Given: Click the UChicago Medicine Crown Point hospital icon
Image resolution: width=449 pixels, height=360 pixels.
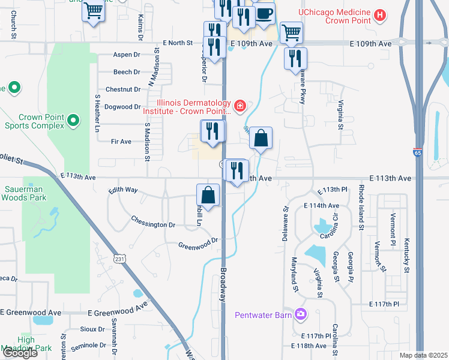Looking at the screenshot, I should pos(379,15).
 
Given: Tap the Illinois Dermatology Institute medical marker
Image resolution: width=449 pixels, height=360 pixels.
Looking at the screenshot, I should pos(241,106).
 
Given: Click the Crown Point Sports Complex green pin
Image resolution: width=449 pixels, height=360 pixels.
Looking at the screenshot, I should pos(73,121).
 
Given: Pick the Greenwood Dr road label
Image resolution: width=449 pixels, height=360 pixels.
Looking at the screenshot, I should pos(197,244).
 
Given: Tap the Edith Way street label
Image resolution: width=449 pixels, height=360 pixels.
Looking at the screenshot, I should pos(123,190).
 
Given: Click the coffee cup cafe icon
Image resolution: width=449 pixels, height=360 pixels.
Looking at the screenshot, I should pos(264,13).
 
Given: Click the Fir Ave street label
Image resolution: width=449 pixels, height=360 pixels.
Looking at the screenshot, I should pos(121,142).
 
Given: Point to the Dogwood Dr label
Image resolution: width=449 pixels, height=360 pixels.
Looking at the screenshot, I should pos(122,107).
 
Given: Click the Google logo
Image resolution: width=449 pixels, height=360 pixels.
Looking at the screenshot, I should pos(20,353).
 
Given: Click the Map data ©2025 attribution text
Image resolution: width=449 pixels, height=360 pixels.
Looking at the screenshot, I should pos(423,355).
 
